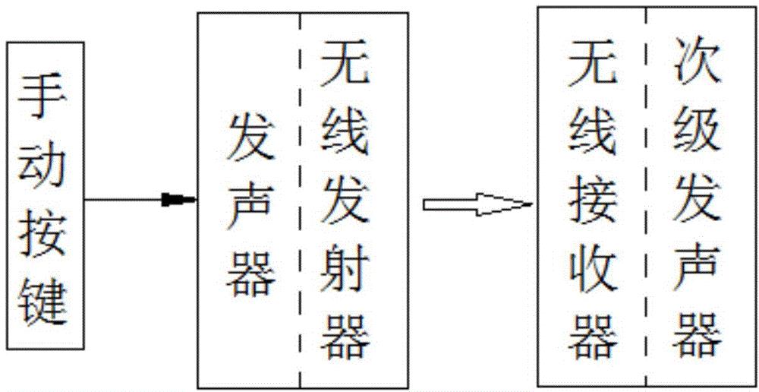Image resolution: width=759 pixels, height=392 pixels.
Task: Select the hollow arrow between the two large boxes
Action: (x=474, y=203)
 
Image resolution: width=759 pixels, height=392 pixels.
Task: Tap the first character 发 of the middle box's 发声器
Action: (x=250, y=137)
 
